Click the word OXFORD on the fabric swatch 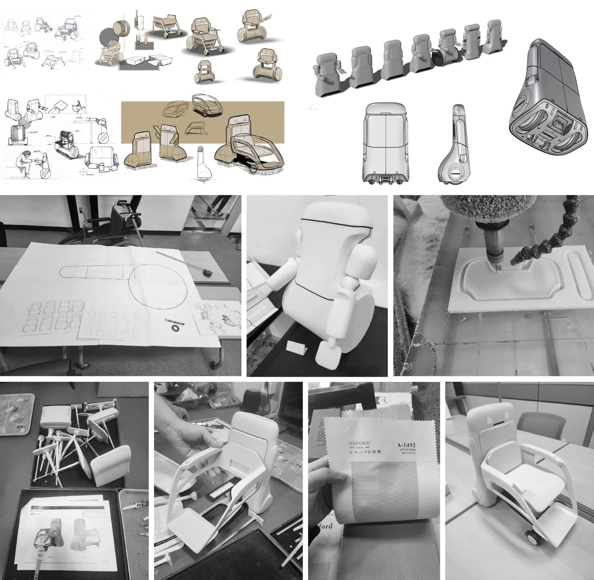coord(360,444)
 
